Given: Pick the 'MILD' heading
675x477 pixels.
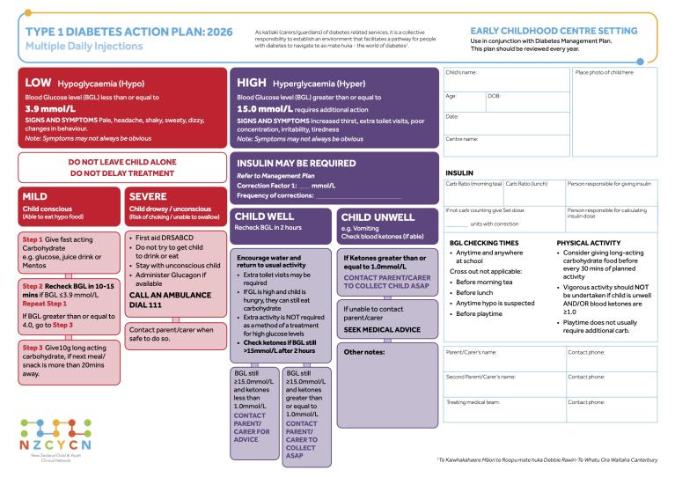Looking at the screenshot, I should click(37, 196).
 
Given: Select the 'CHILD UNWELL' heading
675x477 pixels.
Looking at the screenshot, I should click(377, 217).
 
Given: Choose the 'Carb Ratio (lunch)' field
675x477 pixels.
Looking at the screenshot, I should click(533, 191).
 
